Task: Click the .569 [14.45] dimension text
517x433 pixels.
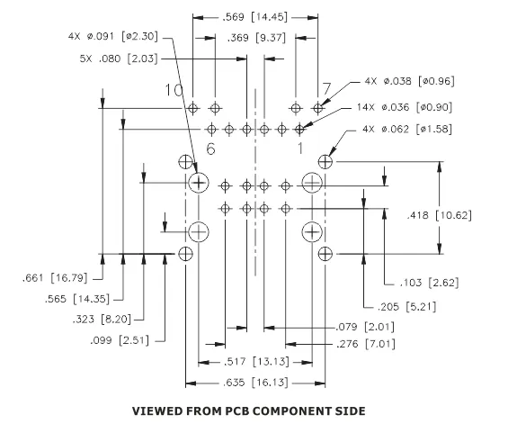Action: coord(254,17)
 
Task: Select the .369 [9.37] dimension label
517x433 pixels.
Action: coord(256,38)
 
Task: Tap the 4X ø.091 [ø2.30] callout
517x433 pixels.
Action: coord(113,36)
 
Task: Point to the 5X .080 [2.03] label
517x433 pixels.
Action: coord(119,59)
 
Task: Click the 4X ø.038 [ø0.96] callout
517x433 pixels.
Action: coord(409,81)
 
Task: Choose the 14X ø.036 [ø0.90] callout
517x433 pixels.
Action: coord(405,107)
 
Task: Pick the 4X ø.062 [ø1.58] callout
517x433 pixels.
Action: coord(407,129)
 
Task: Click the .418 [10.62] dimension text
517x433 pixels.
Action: coord(439,215)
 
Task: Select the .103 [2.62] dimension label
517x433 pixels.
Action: coord(429,283)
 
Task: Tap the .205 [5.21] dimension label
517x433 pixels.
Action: coord(407,307)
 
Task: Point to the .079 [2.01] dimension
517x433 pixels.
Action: coord(365,327)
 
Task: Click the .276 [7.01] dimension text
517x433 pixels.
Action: coord(366,344)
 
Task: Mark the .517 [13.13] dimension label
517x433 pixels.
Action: coord(256,362)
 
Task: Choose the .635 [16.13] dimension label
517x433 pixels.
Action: coord(255,383)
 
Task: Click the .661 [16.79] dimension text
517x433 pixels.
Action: coord(55,278)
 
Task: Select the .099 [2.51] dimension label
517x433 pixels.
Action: coord(120,340)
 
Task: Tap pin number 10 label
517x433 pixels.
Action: coord(174,90)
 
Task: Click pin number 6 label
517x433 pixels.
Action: coord(210,149)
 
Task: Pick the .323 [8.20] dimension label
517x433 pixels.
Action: coord(102,320)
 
